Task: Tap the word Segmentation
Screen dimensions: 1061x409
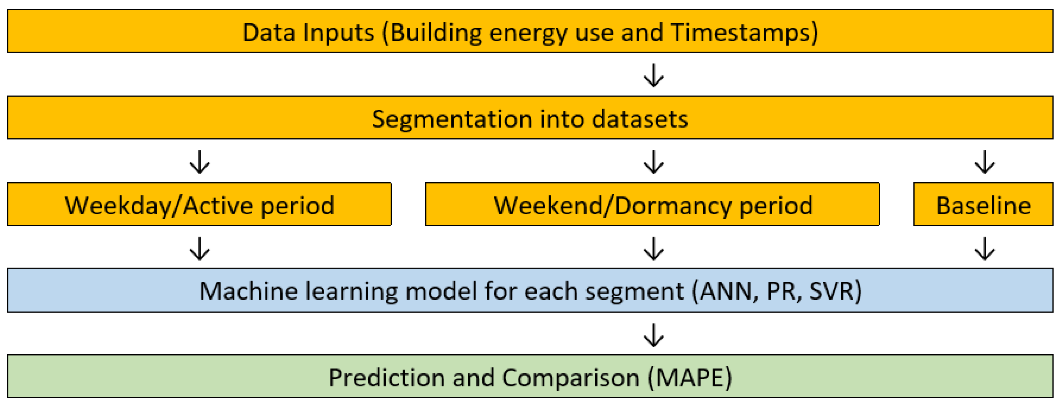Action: [451, 120]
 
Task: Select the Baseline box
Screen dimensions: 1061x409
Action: [983, 204]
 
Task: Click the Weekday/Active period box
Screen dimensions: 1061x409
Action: [199, 204]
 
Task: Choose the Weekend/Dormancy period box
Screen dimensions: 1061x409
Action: [652, 204]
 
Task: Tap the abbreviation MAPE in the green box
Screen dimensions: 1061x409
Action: [689, 378]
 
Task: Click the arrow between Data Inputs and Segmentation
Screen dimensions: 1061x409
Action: [654, 75]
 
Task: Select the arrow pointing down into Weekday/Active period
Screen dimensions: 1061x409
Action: [200, 162]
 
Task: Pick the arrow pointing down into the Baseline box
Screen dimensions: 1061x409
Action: [985, 162]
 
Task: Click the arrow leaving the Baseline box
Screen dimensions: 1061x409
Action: [985, 248]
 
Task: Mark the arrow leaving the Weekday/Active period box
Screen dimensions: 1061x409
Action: [200, 248]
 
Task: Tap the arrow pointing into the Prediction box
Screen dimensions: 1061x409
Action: [654, 335]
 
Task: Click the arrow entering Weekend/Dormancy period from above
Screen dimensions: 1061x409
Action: [654, 162]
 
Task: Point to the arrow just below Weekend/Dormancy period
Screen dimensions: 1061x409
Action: [654, 248]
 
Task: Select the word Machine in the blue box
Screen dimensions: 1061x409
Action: [248, 291]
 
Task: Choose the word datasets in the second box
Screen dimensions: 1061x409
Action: [640, 120]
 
